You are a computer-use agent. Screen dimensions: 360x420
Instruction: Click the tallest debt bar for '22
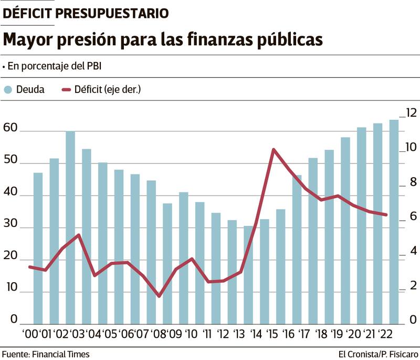point(394,221)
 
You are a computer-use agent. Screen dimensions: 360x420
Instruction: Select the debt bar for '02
point(70,226)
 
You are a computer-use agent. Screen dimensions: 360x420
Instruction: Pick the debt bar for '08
point(151,252)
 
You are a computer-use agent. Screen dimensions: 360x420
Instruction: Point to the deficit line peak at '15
point(274,150)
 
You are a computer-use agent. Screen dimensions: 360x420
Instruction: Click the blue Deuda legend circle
point(7,90)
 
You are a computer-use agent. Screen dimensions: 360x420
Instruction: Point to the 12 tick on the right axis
point(410,112)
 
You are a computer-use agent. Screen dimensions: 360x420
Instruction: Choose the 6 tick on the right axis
point(413,217)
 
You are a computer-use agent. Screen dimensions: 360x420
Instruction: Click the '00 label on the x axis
point(29,334)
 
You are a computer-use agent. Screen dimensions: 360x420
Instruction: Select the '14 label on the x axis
point(256,334)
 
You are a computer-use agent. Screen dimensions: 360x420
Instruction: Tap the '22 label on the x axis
point(386,334)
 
